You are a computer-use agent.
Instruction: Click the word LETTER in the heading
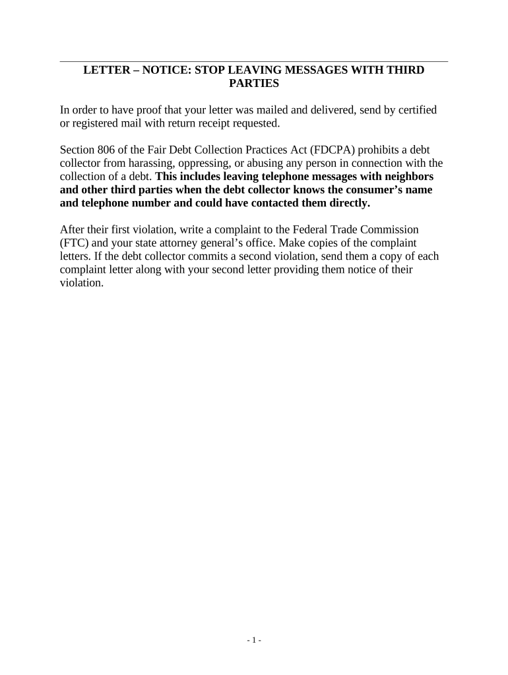pyautogui.click(x=104, y=70)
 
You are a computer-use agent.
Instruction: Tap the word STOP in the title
pyautogui.click(x=208, y=70)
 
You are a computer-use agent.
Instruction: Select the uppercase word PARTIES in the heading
pyautogui.click(x=254, y=84)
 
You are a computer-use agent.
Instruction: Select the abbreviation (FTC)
pyautogui.click(x=73, y=243)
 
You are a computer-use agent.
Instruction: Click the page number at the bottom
pyautogui.click(x=254, y=640)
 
